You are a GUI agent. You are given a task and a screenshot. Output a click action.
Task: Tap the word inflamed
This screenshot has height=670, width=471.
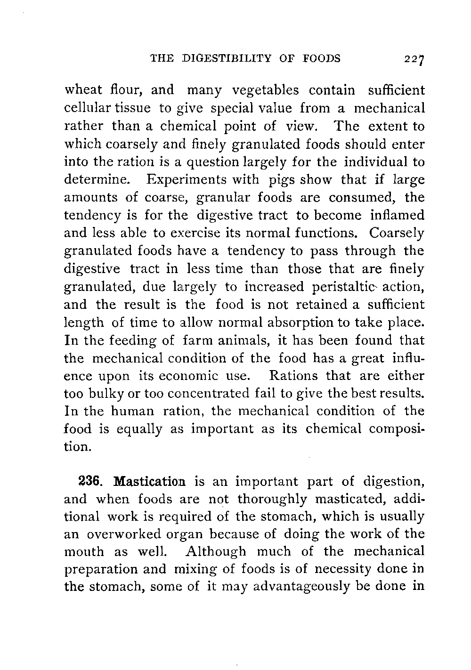pos(397,215)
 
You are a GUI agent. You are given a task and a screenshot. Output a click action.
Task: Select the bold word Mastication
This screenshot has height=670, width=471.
pos(152,482)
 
